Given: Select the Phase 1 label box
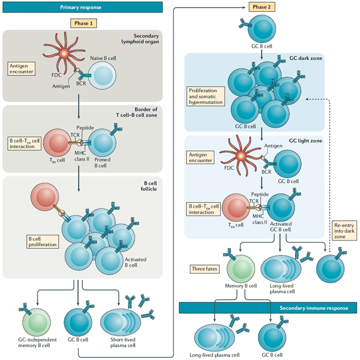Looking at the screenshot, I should tap(83, 24).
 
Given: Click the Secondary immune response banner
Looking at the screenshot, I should tap(269, 308).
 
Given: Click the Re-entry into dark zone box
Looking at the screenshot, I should tap(341, 231).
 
